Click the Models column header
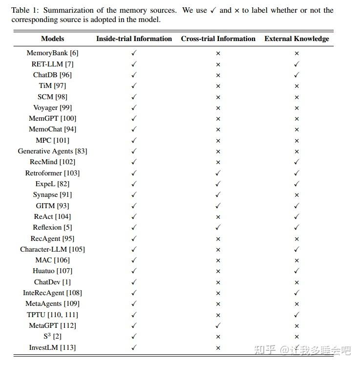[x=52, y=39]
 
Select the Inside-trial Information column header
[x=134, y=39]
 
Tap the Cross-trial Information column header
[x=218, y=39]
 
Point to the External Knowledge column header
[x=296, y=39]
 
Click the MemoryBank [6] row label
[x=52, y=53]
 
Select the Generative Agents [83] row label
[x=52, y=151]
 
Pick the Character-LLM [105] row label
[x=52, y=249]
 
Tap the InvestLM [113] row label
[x=52, y=347]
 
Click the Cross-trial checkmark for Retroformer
[x=218, y=173]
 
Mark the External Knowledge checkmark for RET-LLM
[x=296, y=64]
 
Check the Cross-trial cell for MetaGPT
[x=218, y=325]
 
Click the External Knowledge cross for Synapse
[x=296, y=195]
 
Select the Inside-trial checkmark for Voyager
[x=134, y=107]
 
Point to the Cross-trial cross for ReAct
[x=218, y=216]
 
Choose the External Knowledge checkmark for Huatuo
[x=296, y=271]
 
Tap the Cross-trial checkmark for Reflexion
[x=218, y=227]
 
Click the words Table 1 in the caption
[x=25, y=10]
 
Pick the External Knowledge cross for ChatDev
[x=296, y=282]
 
